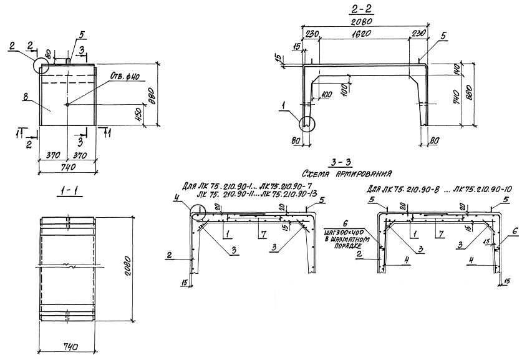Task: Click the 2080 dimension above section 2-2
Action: (363, 21)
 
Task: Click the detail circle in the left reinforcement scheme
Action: (198, 212)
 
